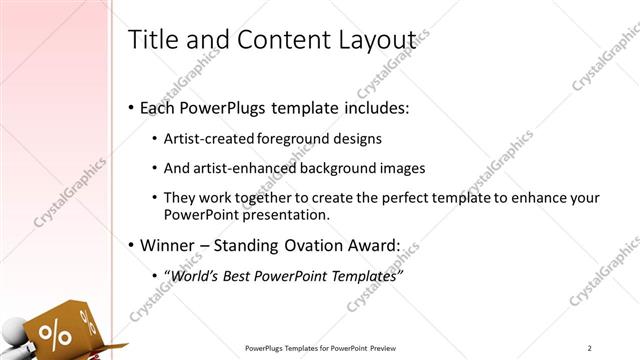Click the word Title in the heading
153,40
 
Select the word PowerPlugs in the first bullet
235,107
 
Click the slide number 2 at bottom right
590,348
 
